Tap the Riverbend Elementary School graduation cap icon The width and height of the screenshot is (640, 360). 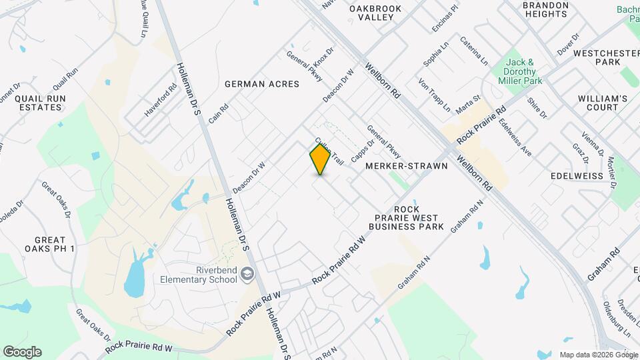click(x=247, y=274)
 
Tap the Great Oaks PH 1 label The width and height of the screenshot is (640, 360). click(x=50, y=244)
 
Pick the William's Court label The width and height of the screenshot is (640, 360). click(x=603, y=103)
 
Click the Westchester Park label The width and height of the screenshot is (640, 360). click(x=598, y=57)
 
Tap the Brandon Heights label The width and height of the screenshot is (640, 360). click(x=545, y=9)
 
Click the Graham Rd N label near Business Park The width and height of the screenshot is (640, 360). click(x=466, y=218)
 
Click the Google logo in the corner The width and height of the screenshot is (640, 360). click(x=22, y=352)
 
